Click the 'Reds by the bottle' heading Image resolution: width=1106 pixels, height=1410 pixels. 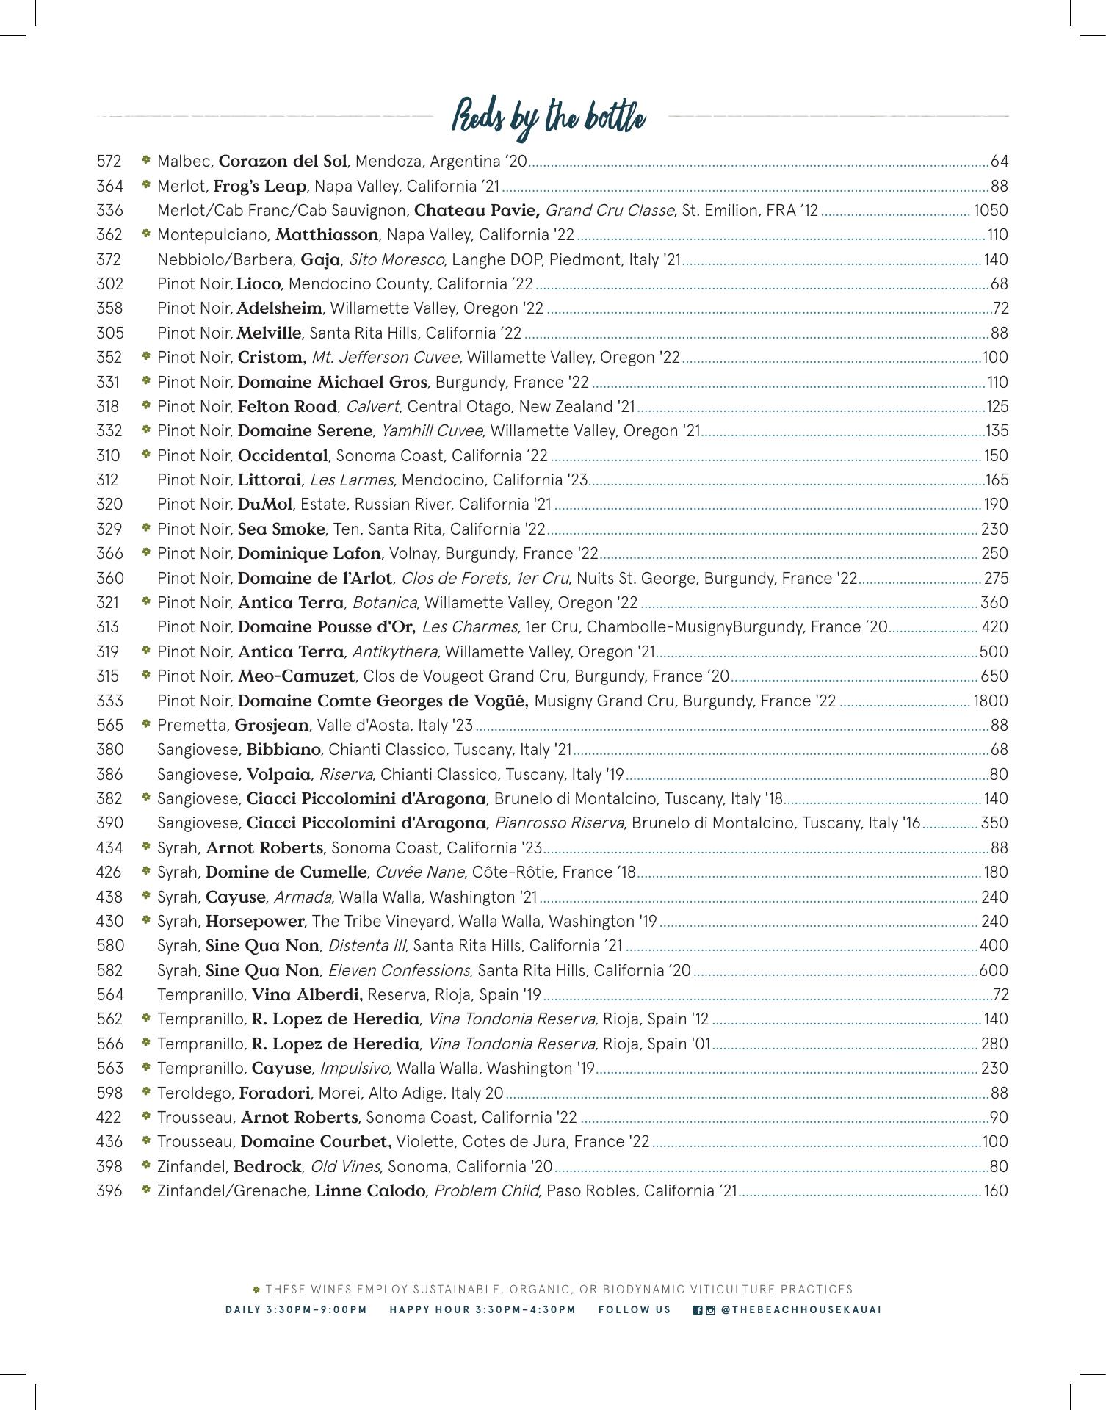click(x=549, y=117)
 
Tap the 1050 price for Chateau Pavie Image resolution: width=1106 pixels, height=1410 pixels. click(x=991, y=211)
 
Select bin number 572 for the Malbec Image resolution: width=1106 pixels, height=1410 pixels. click(x=109, y=162)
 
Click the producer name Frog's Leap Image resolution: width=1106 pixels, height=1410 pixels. click(x=259, y=187)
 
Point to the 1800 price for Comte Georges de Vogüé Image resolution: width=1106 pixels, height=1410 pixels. click(x=991, y=701)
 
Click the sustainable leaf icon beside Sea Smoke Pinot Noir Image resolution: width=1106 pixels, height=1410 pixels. click(x=146, y=528)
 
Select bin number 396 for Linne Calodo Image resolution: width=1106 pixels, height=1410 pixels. click(x=109, y=1191)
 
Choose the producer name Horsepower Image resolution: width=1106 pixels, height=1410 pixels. click(x=255, y=922)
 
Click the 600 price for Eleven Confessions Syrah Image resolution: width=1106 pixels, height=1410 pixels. click(x=994, y=971)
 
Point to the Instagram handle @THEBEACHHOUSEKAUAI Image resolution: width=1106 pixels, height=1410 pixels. click(x=801, y=1309)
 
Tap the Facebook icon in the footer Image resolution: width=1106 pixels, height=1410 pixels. click(x=698, y=1309)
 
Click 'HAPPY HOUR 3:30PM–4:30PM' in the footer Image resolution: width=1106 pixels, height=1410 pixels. click(x=482, y=1309)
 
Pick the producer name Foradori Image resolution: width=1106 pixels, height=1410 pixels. click(x=275, y=1093)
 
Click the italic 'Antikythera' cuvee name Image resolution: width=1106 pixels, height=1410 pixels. click(x=395, y=652)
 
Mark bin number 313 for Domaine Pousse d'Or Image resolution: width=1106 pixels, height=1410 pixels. click(x=108, y=628)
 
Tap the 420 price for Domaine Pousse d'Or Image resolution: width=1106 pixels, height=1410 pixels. click(x=996, y=628)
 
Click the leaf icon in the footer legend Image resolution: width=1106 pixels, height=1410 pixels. click(x=257, y=1290)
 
